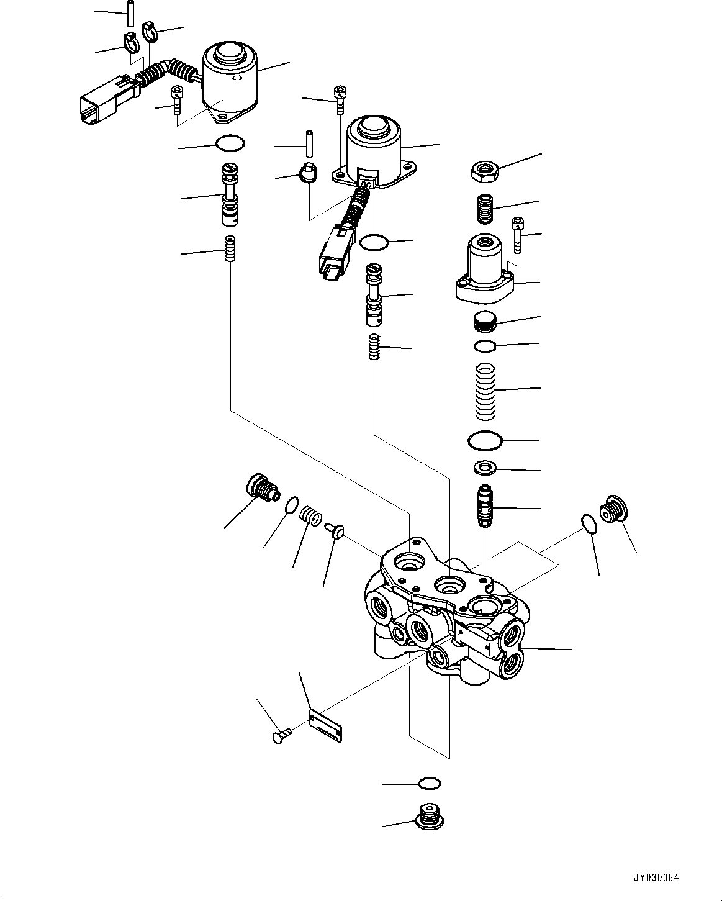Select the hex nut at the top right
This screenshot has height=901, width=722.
point(483,171)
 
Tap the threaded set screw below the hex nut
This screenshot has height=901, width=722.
point(485,209)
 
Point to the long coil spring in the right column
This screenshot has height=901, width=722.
point(485,390)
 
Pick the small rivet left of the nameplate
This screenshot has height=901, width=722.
point(281,736)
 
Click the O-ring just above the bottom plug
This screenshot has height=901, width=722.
point(429,784)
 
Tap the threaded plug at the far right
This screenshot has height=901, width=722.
point(613,511)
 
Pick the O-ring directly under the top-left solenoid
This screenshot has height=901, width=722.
point(230,144)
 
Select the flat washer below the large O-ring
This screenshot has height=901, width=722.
point(484,466)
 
